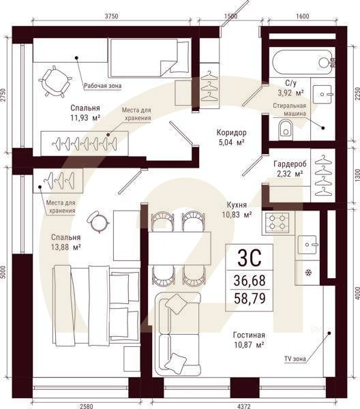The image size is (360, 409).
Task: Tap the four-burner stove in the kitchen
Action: pos(277,222)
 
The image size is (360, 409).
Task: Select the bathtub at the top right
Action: pos(303,62)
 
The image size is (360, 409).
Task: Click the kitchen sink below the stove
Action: pos(307,245)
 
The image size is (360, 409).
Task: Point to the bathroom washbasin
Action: pos(322,95)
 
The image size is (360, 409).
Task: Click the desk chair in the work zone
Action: pos(55,81)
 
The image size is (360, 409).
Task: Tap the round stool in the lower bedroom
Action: pos(97,222)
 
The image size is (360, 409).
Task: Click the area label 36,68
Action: pos(250,281)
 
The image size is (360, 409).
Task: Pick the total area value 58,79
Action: pos(250,299)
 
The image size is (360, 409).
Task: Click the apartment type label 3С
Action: pos(249,258)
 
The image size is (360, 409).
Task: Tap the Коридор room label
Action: pos(231,132)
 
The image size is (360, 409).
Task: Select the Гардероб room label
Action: pos(290,164)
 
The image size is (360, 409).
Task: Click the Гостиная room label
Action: pos(249,335)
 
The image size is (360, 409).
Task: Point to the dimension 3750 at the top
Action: pos(111,16)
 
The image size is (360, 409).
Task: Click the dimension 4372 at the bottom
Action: pos(244,406)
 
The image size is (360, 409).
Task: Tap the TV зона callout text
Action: pos(295,359)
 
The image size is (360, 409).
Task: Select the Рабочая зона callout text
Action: pos(102,86)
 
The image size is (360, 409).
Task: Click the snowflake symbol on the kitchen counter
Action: pos(308,273)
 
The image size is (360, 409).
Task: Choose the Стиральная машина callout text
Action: pos(290,110)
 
